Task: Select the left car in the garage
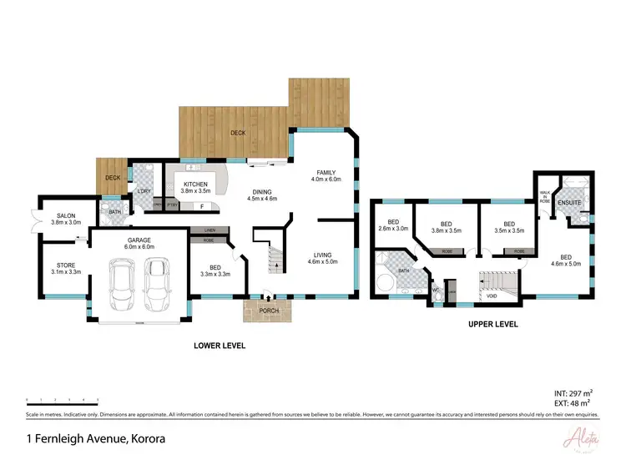123,282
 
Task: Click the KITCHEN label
195,184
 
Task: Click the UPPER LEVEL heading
492,324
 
